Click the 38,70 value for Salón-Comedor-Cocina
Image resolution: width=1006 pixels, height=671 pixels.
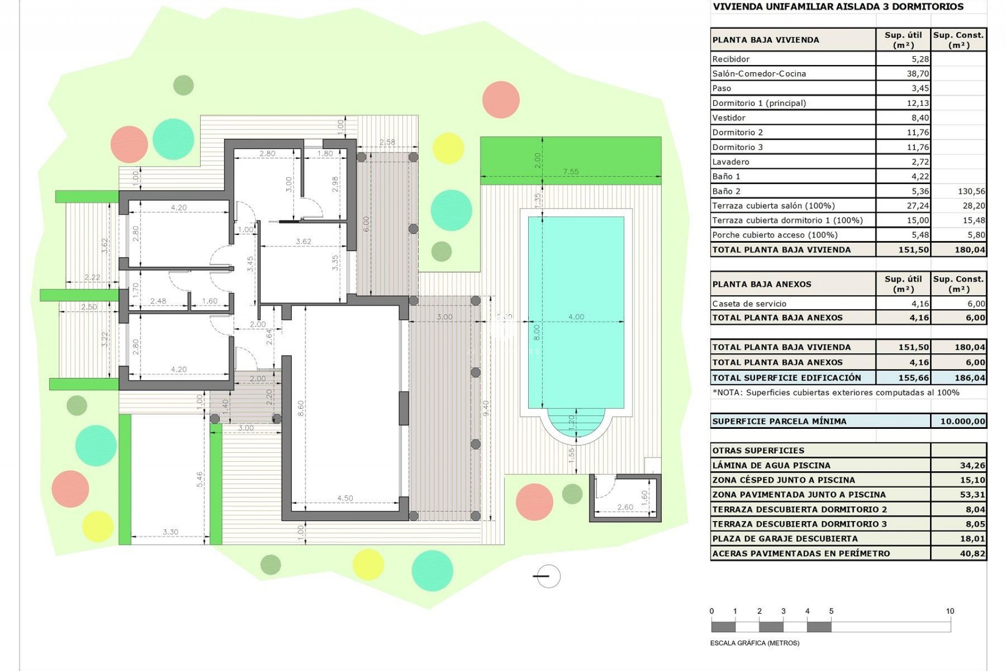coord(917,74)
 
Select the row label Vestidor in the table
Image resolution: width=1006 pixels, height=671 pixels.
coord(728,118)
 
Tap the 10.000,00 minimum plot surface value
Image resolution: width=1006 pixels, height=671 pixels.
coord(962,421)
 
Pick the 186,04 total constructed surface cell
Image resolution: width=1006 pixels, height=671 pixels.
coord(969,377)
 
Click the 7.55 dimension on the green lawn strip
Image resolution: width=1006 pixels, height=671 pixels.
coord(571,171)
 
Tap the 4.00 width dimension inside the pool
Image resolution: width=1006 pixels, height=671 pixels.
coord(576,317)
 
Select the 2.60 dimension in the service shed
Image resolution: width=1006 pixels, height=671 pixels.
coord(625,507)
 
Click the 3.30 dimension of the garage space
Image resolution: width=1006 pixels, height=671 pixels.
coord(170,532)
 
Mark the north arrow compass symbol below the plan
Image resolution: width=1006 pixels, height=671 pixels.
coord(548,576)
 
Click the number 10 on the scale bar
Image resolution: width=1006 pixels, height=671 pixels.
coord(949,611)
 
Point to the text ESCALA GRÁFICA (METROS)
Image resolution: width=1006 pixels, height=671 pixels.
coord(754,643)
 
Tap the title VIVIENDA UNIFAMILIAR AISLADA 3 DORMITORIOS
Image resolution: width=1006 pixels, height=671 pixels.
coord(838,7)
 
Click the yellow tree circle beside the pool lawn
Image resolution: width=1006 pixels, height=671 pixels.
coord(449,148)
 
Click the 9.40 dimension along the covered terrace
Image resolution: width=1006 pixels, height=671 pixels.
coord(486,408)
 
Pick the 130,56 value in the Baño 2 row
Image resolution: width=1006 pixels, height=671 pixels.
coord(971,191)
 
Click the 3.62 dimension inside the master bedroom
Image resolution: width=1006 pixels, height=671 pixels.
coord(303,242)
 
